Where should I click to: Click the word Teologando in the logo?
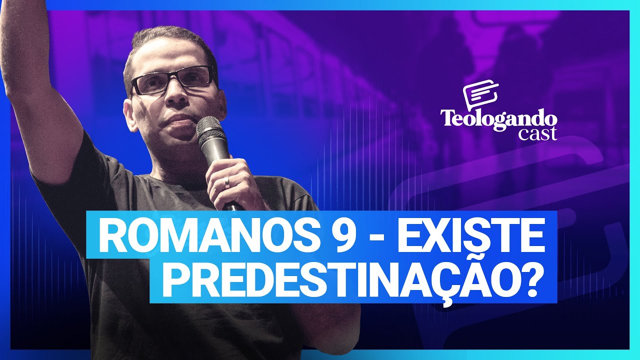[x=498, y=119]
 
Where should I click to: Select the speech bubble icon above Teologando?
[x=480, y=95]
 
